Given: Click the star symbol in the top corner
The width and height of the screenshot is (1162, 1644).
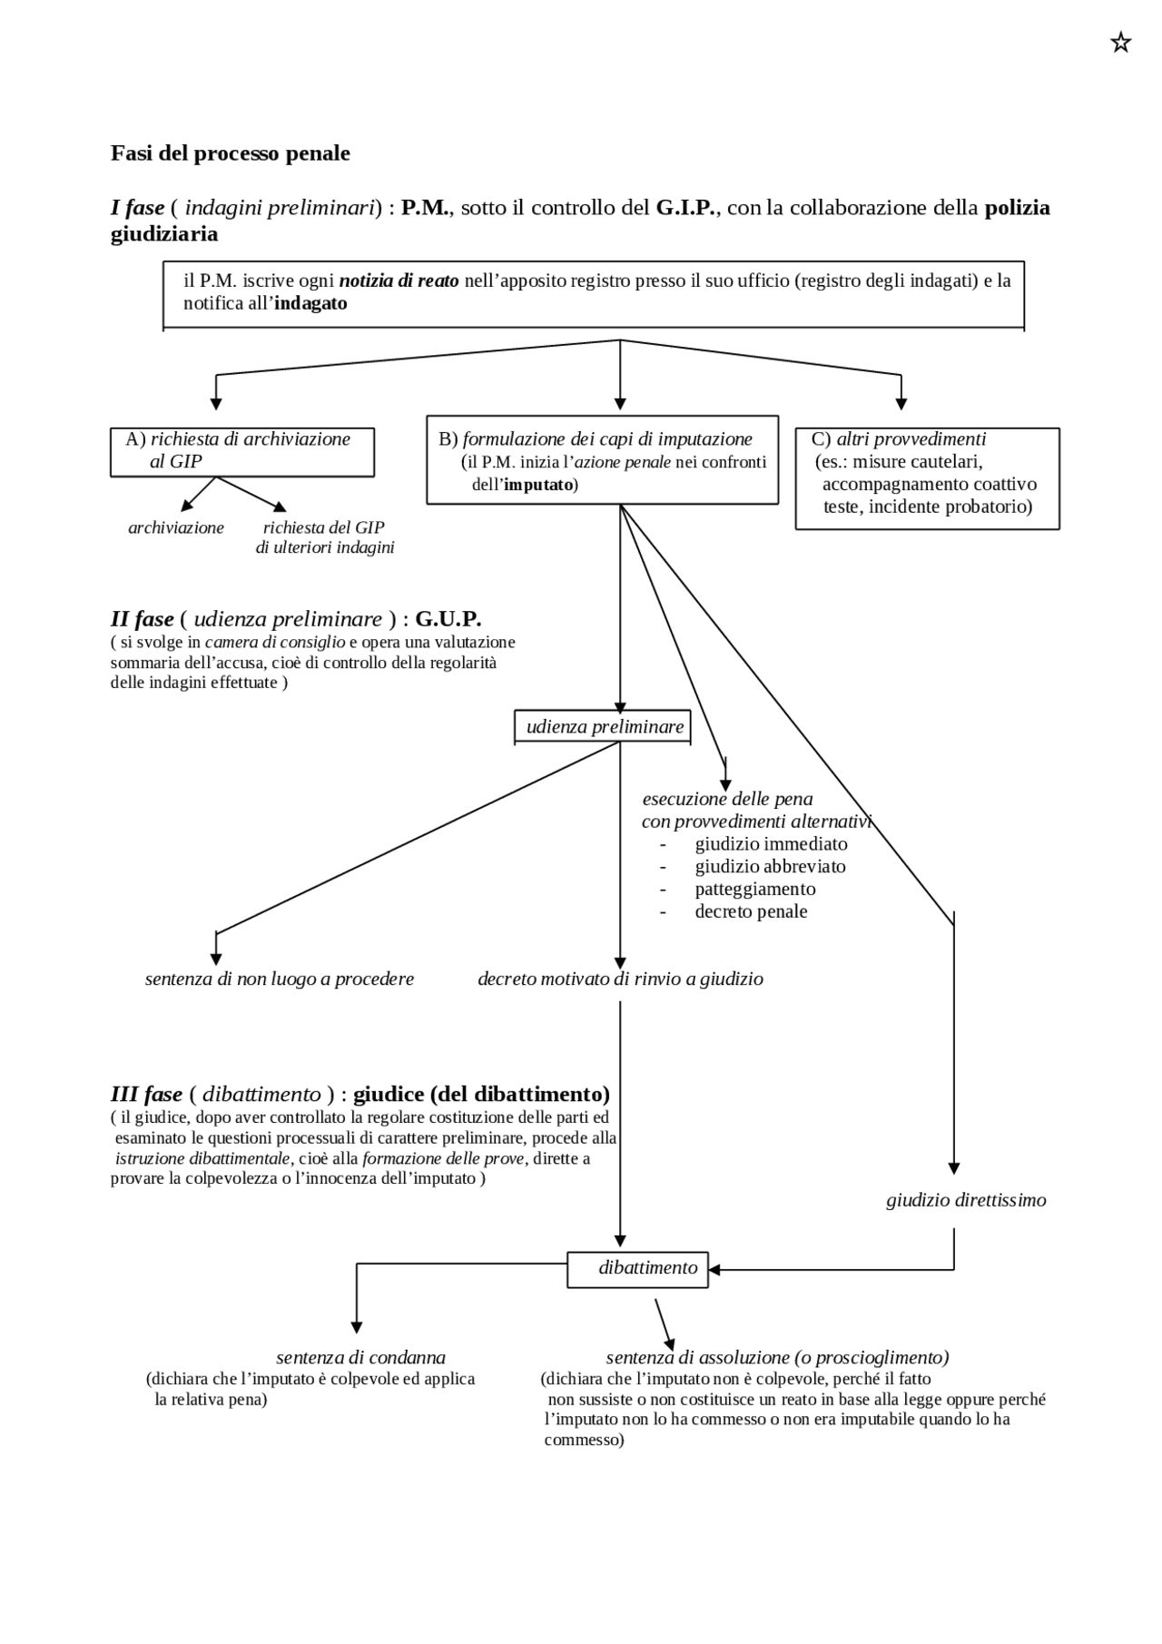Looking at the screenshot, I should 1120,43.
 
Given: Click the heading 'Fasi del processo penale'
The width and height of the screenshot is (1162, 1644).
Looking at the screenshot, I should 230,153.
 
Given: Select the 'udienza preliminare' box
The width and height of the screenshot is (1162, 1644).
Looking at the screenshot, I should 603,727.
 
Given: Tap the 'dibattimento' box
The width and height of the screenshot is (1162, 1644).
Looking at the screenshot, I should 637,1268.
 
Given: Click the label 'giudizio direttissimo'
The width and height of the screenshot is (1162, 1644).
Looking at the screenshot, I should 966,1200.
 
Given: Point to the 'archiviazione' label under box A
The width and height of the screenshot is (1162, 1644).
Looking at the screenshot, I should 176,527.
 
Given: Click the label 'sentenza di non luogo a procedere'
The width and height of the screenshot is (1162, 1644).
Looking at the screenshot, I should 280,979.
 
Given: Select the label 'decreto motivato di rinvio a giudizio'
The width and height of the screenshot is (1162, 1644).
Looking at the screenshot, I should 620,979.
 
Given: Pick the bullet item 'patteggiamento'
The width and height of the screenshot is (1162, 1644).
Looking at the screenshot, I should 754,889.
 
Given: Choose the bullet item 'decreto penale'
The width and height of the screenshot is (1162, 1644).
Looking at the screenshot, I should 751,911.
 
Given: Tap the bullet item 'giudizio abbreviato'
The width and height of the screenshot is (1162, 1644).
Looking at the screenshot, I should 770,866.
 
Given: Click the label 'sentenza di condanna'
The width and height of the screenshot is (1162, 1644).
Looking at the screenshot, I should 360,1357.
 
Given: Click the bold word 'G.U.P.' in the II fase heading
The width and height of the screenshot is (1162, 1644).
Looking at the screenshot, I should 448,619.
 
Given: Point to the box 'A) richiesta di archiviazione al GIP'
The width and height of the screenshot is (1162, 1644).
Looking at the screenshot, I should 241,451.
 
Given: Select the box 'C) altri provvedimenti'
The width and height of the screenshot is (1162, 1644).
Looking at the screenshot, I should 927,478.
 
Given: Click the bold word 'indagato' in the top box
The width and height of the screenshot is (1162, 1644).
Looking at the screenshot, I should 310,303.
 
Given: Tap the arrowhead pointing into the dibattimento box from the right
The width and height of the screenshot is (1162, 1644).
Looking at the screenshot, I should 714,1269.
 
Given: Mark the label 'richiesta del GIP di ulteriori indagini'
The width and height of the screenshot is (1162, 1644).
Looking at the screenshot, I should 324,537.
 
